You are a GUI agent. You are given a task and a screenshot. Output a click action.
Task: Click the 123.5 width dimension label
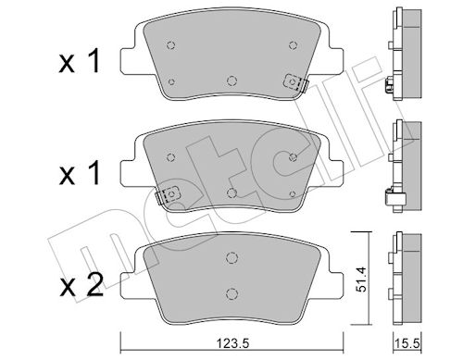click(x=232, y=343)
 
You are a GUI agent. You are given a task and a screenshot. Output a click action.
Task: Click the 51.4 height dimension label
click(x=360, y=279)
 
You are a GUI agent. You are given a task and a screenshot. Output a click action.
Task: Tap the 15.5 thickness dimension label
click(x=407, y=343)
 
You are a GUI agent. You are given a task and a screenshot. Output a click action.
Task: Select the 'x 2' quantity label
click(x=81, y=285)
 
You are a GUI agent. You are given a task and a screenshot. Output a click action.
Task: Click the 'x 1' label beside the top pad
click(x=80, y=61)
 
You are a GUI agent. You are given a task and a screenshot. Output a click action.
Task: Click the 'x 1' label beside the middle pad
click(x=80, y=173)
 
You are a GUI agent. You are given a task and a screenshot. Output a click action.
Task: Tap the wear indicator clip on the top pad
click(x=296, y=82)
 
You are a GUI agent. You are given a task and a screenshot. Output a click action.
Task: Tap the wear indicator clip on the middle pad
click(x=168, y=195)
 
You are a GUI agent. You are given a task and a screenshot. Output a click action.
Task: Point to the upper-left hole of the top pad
click(x=170, y=45)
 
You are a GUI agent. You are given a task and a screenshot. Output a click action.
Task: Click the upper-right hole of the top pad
click(x=293, y=45)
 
